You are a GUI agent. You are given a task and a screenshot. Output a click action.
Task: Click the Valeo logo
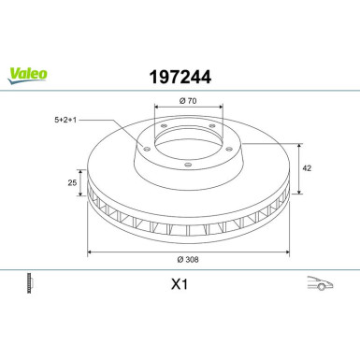pos(27,76)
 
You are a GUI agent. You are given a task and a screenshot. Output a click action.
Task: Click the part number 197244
pos(180,77)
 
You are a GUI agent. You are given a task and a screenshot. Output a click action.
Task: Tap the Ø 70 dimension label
pos(188,101)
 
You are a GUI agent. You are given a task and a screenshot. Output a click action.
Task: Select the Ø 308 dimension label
pos(188,259)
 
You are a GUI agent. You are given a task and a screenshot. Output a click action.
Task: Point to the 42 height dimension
pos(307,168)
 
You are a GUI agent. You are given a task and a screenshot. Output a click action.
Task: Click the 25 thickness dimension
pos(72,182)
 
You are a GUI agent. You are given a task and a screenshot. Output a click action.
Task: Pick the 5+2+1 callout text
pos(65,120)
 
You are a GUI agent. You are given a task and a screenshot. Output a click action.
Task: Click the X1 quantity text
pos(180,284)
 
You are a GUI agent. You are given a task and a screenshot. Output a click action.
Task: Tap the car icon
pos(320,282)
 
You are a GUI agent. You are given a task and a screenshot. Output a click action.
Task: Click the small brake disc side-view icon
pos(30,283)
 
